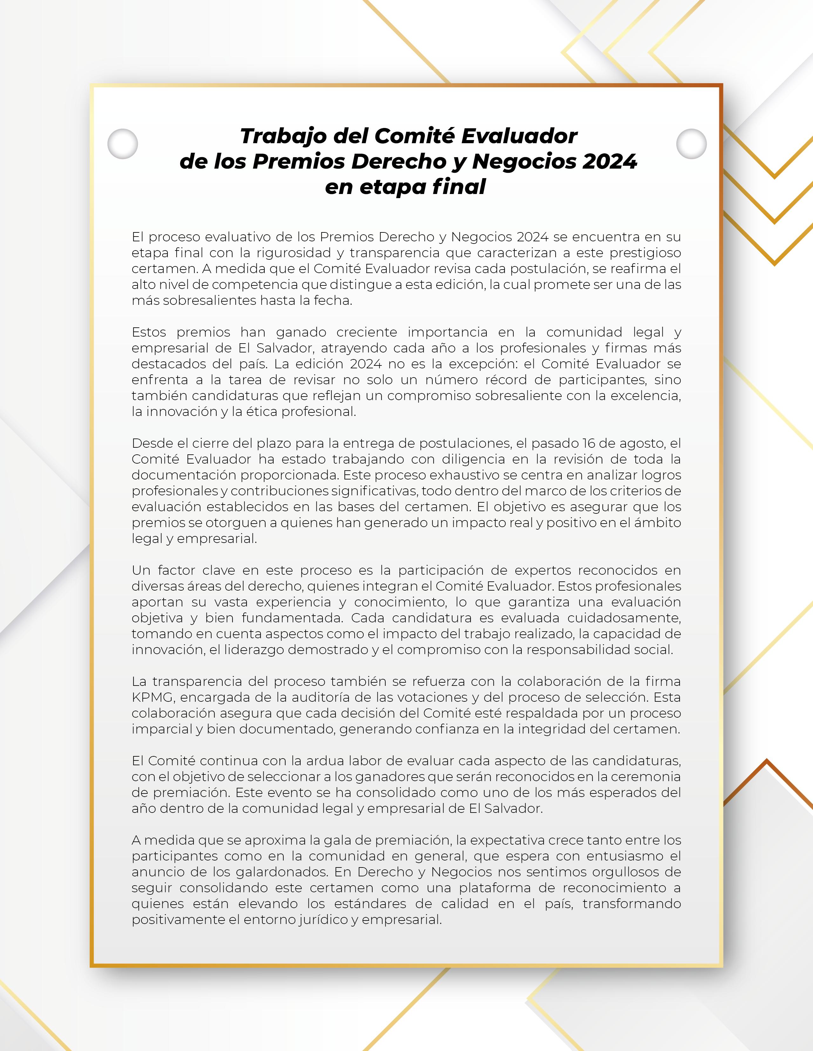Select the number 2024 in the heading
tap(609, 162)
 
